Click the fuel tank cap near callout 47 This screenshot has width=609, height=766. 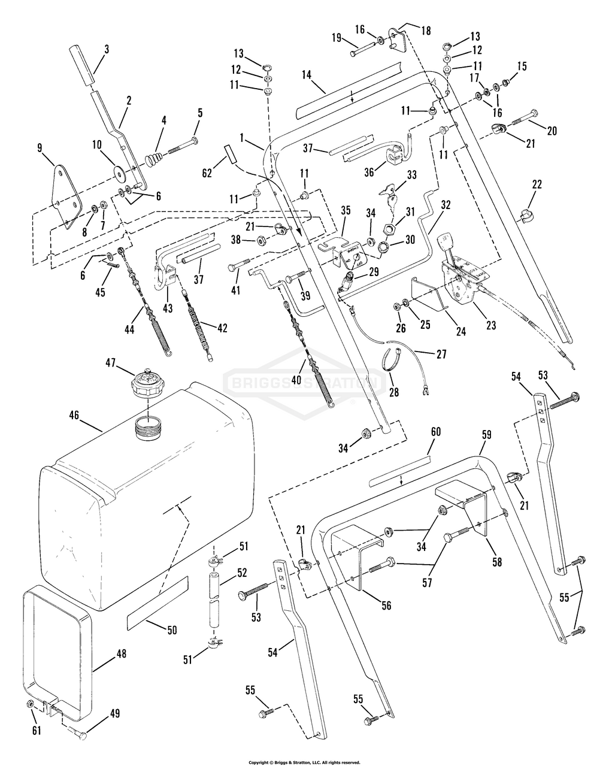pyautogui.click(x=147, y=383)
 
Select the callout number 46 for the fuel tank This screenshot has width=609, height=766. pyautogui.click(x=74, y=416)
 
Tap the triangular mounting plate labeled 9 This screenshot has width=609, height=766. pyautogui.click(x=66, y=196)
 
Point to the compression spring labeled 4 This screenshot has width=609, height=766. pyautogui.click(x=154, y=158)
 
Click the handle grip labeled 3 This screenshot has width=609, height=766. pyautogui.click(x=82, y=65)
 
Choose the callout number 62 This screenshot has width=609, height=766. pyautogui.click(x=207, y=173)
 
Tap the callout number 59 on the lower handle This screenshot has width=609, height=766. pyautogui.click(x=486, y=435)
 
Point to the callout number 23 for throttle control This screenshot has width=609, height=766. pyautogui.click(x=491, y=325)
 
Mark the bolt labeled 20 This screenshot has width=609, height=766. pyautogui.click(x=525, y=117)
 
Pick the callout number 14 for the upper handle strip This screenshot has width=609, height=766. pyautogui.click(x=307, y=75)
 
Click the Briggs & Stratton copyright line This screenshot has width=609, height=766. pyautogui.click(x=304, y=762)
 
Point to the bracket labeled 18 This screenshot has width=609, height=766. pyautogui.click(x=398, y=40)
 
